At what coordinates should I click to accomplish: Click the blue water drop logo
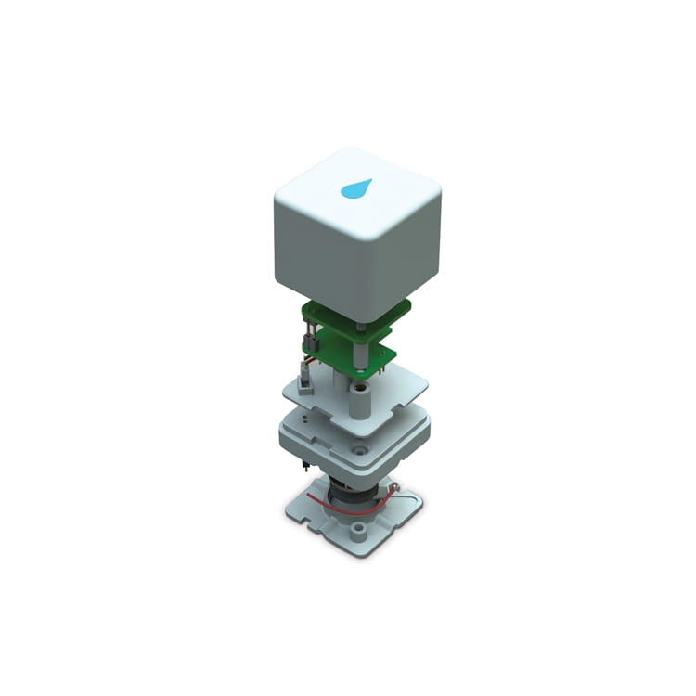pyautogui.click(x=355, y=188)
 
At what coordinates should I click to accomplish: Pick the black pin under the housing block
pyautogui.click(x=305, y=460)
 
